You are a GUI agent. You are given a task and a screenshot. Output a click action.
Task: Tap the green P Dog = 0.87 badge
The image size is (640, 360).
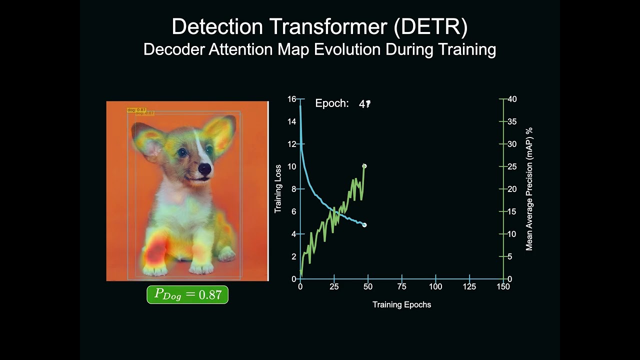click(x=187, y=294)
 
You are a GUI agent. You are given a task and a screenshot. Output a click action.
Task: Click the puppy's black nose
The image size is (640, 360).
click(x=204, y=169)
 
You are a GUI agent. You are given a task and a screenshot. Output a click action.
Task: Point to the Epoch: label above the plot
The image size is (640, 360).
click(x=332, y=103)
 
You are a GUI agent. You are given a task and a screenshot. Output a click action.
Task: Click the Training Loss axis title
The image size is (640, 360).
click(x=278, y=189)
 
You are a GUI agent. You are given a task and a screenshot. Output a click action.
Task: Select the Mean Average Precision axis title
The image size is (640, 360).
click(x=529, y=189)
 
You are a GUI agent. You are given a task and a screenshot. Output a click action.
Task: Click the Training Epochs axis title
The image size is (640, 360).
click(x=401, y=304)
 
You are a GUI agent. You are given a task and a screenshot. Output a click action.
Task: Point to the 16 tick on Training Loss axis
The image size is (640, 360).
click(x=291, y=99)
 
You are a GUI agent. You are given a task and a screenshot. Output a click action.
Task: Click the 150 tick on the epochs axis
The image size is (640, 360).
click(x=503, y=287)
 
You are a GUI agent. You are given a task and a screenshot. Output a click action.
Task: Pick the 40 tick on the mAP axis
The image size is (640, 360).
click(x=512, y=99)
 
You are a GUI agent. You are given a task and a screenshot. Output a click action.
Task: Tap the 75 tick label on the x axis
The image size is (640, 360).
click(x=401, y=287)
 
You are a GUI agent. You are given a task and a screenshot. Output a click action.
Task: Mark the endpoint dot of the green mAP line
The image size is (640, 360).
click(x=364, y=166)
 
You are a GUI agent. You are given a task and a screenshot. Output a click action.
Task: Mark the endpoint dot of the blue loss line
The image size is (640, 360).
click(x=364, y=225)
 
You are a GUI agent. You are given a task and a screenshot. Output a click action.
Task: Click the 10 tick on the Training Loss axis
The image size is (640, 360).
click(x=291, y=166)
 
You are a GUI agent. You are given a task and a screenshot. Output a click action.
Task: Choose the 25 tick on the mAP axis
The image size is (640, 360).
click(x=512, y=166)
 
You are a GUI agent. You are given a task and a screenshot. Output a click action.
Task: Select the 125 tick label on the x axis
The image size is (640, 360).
click(x=469, y=287)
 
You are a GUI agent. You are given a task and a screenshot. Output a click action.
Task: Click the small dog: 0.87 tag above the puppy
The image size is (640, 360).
click(x=136, y=109)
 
